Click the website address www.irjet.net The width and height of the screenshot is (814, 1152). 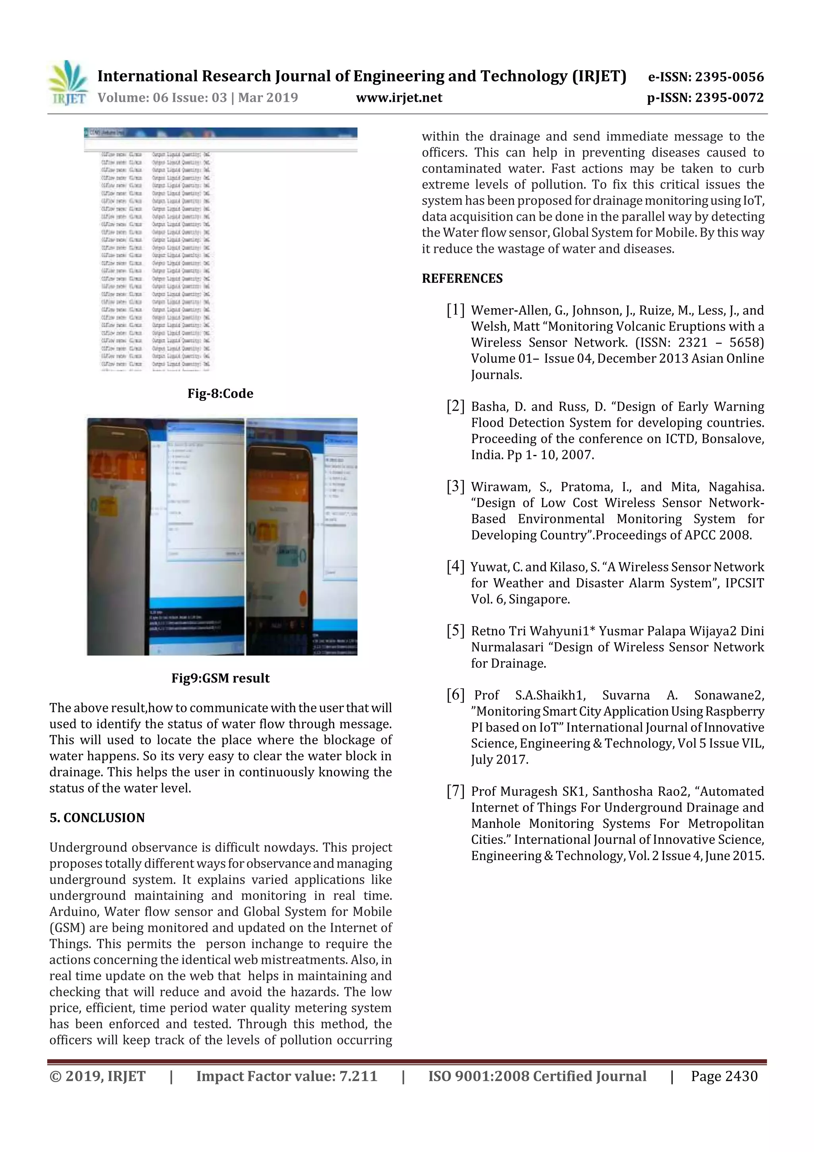click(399, 98)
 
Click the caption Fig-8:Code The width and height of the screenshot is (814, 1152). click(220, 393)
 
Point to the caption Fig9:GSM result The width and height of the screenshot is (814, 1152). click(220, 678)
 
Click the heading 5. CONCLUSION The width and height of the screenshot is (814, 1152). click(97, 818)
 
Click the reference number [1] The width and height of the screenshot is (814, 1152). click(455, 310)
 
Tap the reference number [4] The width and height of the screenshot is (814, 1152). click(455, 567)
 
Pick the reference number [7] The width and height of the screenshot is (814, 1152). click(455, 791)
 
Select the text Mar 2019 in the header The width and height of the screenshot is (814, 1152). click(268, 98)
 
